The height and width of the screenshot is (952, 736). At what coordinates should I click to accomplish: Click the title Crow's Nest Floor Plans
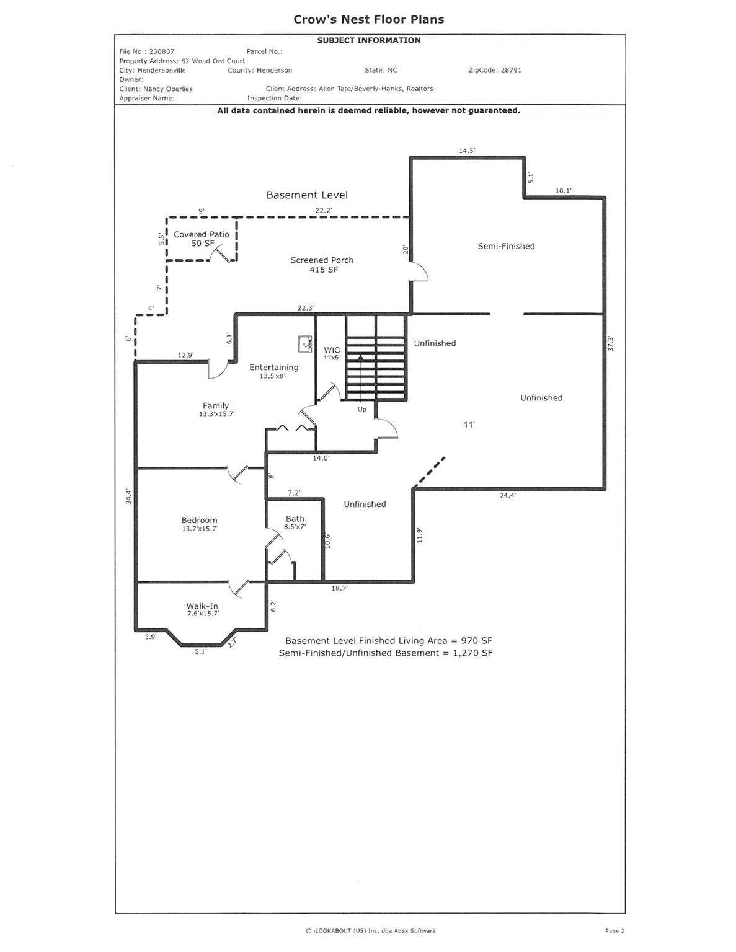pyautogui.click(x=368, y=19)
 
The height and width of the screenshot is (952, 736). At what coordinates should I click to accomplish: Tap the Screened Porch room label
pyautogui.click(x=322, y=260)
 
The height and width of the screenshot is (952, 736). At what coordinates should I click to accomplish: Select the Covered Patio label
pyautogui.click(x=201, y=234)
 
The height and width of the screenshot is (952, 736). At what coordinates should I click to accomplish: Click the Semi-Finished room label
pyautogui.click(x=506, y=246)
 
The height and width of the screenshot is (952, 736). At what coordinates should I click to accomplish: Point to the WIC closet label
pyautogui.click(x=332, y=350)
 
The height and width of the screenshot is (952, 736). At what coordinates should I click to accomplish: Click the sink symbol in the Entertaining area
pyautogui.click(x=304, y=343)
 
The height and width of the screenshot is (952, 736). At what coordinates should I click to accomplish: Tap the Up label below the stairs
pyautogui.click(x=361, y=409)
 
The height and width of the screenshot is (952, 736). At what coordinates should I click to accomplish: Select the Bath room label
pyautogui.click(x=295, y=519)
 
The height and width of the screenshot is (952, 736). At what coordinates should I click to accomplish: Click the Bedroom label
pyautogui.click(x=199, y=521)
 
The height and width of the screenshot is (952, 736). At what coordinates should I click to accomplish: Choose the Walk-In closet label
pyautogui.click(x=202, y=606)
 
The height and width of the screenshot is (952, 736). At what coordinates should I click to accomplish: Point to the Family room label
pyautogui.click(x=215, y=406)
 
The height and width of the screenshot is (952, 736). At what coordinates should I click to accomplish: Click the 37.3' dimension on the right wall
pyautogui.click(x=610, y=343)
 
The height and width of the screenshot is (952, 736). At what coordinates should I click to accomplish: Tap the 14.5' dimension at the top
pyautogui.click(x=467, y=151)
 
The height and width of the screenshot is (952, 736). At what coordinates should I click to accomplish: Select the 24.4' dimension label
pyautogui.click(x=508, y=495)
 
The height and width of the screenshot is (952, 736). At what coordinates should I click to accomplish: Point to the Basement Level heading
pyautogui.click(x=307, y=195)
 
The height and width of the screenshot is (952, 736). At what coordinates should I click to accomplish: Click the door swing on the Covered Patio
pyautogui.click(x=221, y=256)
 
